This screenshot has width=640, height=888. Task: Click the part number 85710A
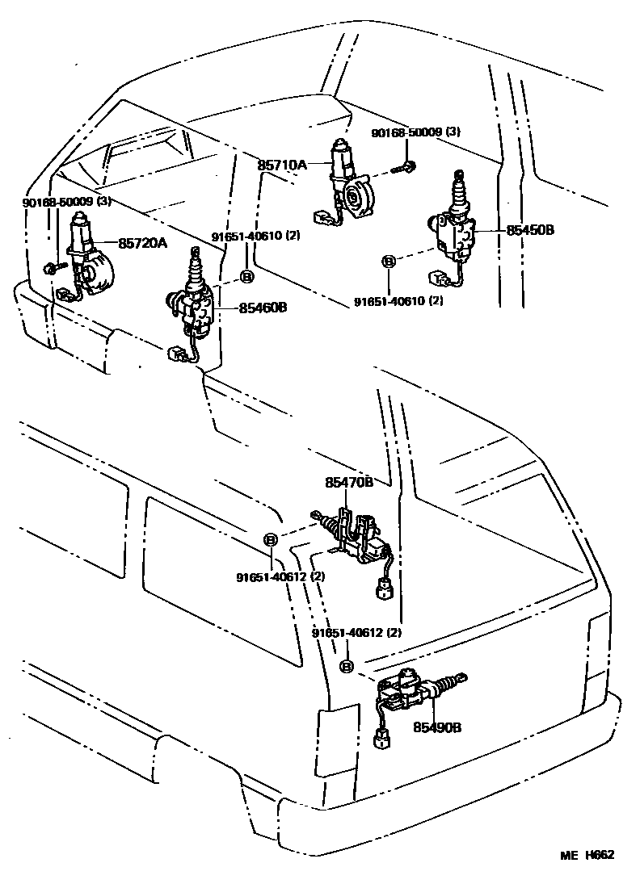click(x=282, y=165)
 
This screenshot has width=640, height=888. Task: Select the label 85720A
click(x=143, y=241)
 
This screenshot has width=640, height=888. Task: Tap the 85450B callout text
click(x=531, y=230)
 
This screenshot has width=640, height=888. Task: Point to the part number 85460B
click(x=263, y=308)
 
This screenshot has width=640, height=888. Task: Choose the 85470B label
click(x=349, y=482)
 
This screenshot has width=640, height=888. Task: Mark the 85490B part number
click(x=436, y=727)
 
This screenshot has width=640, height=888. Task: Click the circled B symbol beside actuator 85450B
click(x=388, y=261)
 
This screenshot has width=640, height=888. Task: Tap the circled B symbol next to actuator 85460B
click(x=247, y=277)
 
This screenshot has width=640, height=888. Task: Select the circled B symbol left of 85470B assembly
click(x=272, y=539)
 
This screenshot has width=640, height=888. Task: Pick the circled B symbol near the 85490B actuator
click(x=347, y=666)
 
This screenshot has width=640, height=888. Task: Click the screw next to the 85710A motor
click(x=406, y=167)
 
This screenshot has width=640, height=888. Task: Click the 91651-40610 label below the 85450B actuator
click(x=398, y=300)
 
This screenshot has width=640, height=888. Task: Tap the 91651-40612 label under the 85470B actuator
click(x=280, y=576)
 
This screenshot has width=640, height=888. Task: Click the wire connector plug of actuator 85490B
click(x=381, y=738)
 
